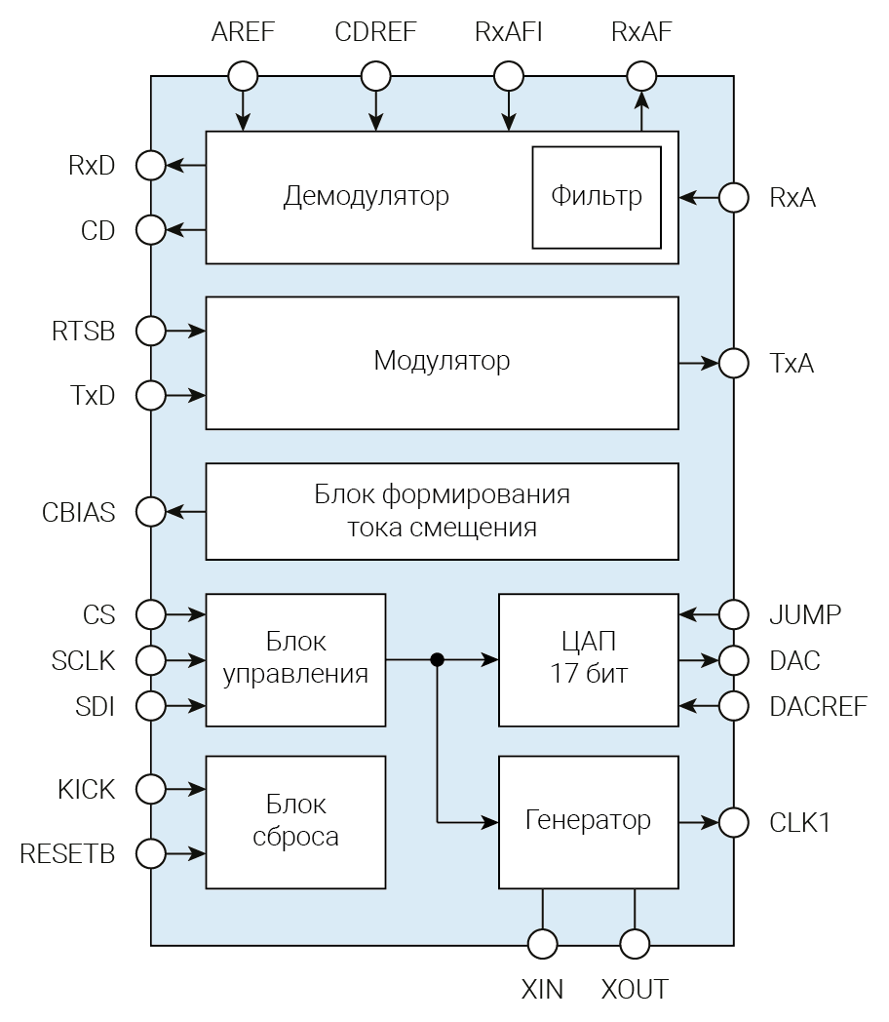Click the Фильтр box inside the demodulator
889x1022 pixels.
(x=597, y=197)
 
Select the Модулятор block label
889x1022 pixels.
(x=442, y=361)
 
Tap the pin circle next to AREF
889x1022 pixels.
(x=243, y=75)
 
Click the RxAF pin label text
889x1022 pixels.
(x=641, y=31)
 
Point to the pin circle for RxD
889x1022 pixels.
(x=151, y=165)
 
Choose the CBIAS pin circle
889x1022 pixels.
(x=151, y=511)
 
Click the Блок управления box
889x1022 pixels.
(x=295, y=659)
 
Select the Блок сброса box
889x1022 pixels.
(x=295, y=821)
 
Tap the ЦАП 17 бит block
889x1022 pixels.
(x=588, y=659)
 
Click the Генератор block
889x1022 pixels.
(x=588, y=821)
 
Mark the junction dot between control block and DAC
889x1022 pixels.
(x=438, y=660)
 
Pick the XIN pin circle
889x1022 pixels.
(x=543, y=944)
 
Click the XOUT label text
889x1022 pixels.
(x=635, y=989)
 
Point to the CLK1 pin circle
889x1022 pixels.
(x=733, y=822)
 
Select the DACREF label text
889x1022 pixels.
(x=818, y=706)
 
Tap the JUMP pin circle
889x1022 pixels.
(x=733, y=614)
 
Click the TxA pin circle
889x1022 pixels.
(x=733, y=364)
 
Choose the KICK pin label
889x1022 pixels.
(x=86, y=789)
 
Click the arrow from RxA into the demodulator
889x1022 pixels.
(x=699, y=198)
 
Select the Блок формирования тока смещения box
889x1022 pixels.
(x=442, y=511)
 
